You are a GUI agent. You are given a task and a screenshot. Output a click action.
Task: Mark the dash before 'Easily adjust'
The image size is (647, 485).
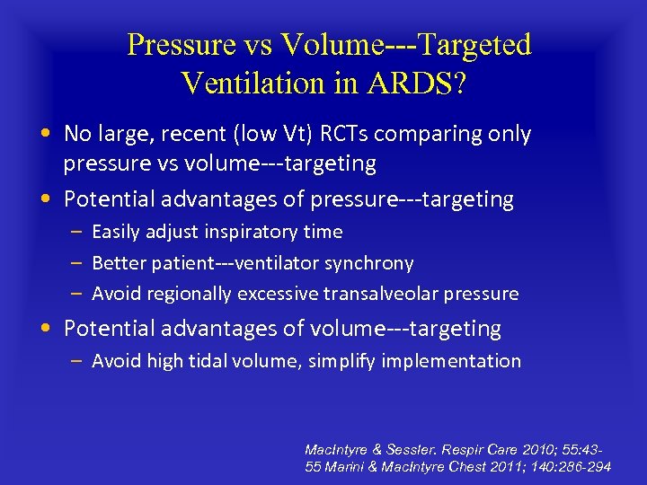pyautogui.click(x=76, y=232)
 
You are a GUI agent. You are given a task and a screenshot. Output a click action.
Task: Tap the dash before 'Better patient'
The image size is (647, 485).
pyautogui.click(x=76, y=263)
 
